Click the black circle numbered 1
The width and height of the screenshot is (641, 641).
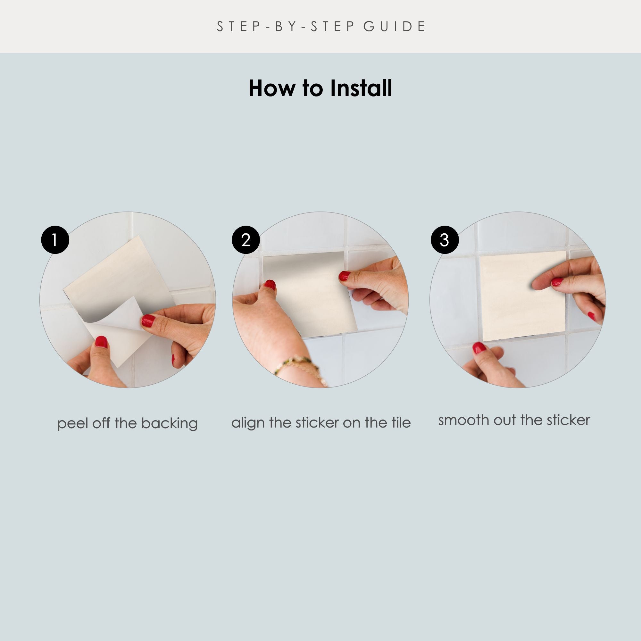click(55, 240)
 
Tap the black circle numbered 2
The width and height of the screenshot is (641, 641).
click(246, 240)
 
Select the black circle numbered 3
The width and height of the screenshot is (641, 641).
click(445, 240)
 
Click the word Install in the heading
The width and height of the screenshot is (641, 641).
click(361, 88)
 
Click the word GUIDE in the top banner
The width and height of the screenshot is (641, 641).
click(394, 27)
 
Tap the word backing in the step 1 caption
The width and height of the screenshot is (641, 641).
click(169, 424)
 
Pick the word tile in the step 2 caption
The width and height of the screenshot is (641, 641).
click(401, 423)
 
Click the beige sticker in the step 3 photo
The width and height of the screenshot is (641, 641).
click(522, 296)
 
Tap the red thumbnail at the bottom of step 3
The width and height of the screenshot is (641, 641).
click(479, 348)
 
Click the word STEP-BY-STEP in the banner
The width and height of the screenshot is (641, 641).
click(286, 27)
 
